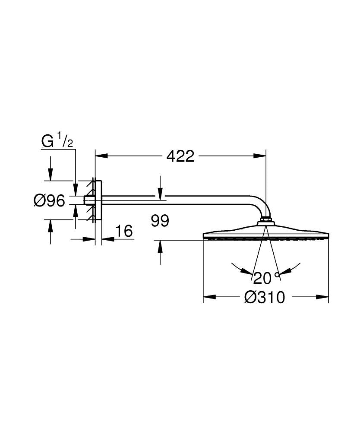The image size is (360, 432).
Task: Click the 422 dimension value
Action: (180, 156)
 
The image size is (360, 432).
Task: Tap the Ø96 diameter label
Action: (49, 200)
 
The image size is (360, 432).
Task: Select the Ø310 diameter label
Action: (265, 297)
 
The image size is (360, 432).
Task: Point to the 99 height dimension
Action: (160, 221)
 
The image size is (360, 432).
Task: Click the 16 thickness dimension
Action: (124, 231)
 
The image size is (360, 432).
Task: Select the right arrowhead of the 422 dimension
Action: (261, 156)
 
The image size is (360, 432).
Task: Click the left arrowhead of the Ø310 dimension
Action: (209, 297)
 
